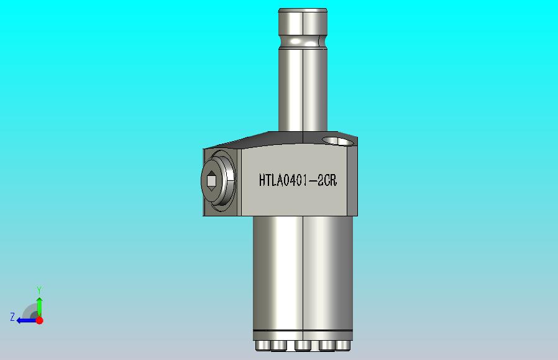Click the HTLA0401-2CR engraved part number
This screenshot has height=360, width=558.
point(298,180)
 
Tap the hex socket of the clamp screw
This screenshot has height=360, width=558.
point(211,181)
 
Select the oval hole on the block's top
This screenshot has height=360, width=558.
point(339,141)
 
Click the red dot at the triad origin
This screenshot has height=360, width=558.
point(40,320)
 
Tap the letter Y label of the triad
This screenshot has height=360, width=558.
point(39,290)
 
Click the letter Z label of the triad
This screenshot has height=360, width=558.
point(12,317)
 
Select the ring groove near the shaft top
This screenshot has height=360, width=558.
point(303,42)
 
